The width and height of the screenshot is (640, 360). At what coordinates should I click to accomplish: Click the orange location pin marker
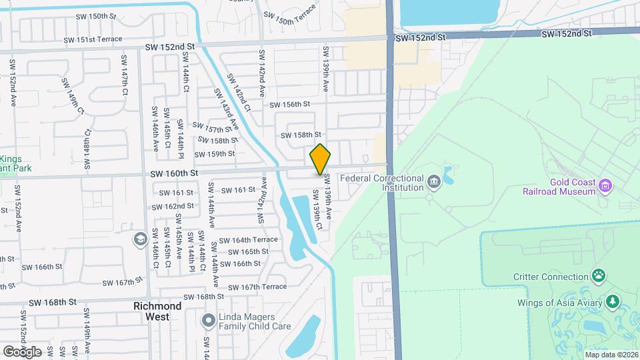320,160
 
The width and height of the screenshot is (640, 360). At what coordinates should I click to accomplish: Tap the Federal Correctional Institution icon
434,181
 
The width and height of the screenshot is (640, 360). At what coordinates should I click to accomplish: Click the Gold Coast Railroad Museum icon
605,185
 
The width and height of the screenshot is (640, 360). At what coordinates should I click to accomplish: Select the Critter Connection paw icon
599,276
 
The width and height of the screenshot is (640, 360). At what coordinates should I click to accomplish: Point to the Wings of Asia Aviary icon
611,302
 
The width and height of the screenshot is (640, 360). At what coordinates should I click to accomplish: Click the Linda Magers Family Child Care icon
208,321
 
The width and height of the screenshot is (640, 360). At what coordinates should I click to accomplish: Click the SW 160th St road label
175,173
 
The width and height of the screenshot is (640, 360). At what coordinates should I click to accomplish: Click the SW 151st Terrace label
93,39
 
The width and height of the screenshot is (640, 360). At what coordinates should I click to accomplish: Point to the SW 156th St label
290,105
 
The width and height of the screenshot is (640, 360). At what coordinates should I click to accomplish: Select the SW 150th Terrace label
289,19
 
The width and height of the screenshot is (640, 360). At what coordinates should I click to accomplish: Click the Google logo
22,351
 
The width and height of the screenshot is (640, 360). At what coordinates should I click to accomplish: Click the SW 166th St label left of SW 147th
41,267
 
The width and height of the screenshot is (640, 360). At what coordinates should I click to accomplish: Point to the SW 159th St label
215,154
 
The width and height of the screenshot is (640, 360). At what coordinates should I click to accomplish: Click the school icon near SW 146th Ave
140,239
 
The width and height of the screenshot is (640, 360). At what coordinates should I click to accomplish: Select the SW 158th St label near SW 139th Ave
301,135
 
